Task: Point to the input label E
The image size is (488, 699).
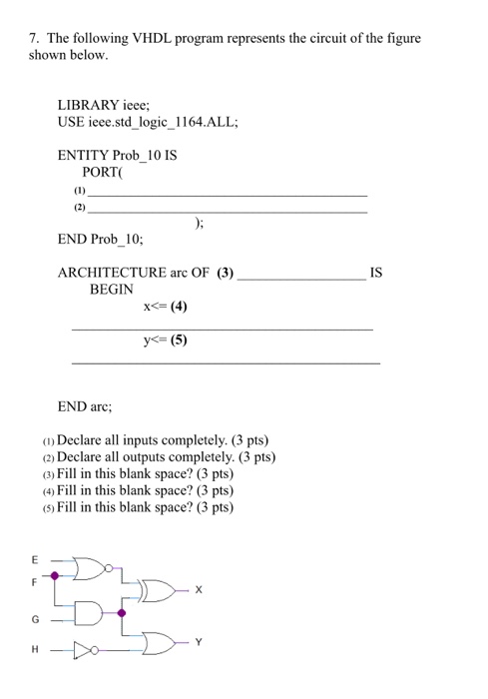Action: tap(34, 559)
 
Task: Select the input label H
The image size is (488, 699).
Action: tap(34, 650)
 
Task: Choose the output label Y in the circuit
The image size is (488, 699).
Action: tap(198, 643)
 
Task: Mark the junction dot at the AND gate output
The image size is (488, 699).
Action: tap(122, 612)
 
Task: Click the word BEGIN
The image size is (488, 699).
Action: tap(112, 289)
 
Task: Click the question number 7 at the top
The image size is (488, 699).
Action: tap(32, 38)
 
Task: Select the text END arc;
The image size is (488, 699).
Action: tap(85, 407)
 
